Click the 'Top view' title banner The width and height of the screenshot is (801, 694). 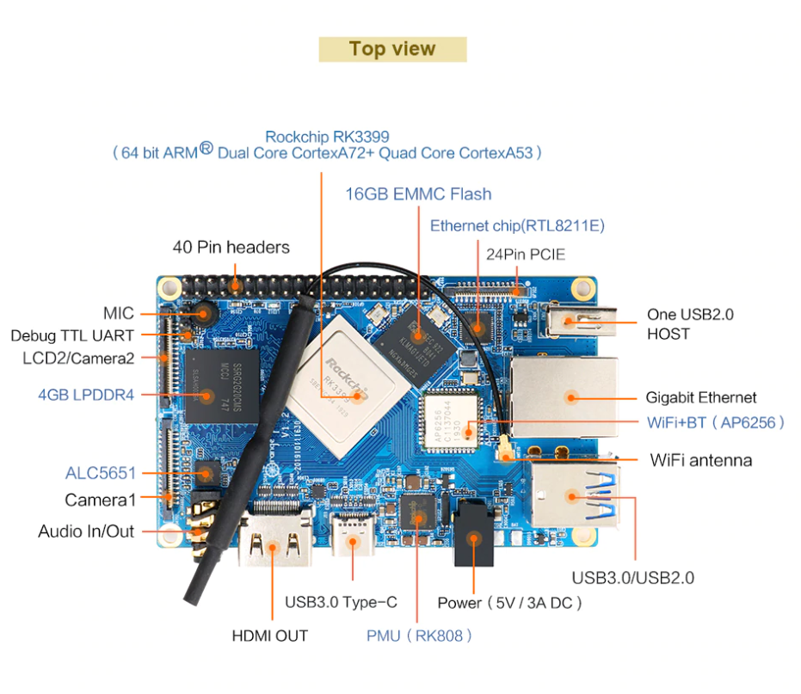392,49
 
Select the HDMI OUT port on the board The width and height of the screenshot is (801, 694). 274,538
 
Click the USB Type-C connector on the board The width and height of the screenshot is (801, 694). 353,534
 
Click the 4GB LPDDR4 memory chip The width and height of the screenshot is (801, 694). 222,386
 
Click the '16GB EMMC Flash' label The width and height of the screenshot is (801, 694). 418,194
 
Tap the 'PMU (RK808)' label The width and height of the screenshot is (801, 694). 419,636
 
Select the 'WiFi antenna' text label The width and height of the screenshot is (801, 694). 701,460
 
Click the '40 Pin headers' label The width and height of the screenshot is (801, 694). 231,247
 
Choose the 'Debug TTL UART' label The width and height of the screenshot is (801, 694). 72,335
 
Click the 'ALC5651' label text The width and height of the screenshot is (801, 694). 101,473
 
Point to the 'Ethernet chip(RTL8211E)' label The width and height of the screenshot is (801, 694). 517,225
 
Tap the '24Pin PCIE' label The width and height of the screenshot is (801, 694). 526,255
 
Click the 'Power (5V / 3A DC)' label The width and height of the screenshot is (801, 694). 509,603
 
